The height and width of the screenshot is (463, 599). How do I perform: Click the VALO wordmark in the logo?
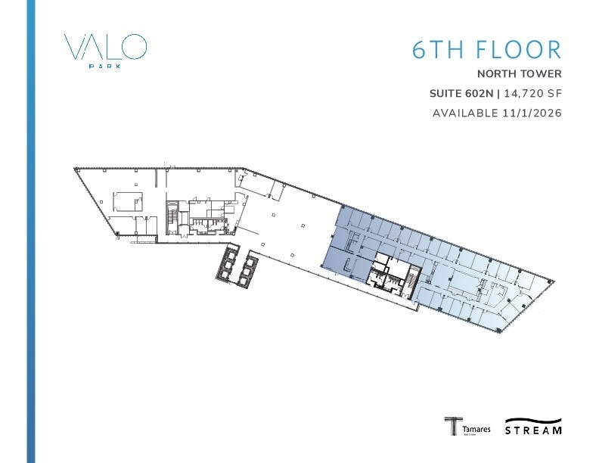point(105,47)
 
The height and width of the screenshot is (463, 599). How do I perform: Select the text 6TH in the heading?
point(434,49)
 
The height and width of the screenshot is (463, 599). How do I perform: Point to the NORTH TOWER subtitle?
point(520,74)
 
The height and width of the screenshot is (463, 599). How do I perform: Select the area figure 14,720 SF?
point(535,94)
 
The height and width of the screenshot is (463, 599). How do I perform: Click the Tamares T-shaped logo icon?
point(452,426)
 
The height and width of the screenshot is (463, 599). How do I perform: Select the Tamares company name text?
point(476,429)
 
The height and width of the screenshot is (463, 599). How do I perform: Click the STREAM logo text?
point(534,430)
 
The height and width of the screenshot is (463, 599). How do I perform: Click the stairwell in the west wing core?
point(172,216)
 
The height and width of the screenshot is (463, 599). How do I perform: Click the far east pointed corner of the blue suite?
point(554,281)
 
